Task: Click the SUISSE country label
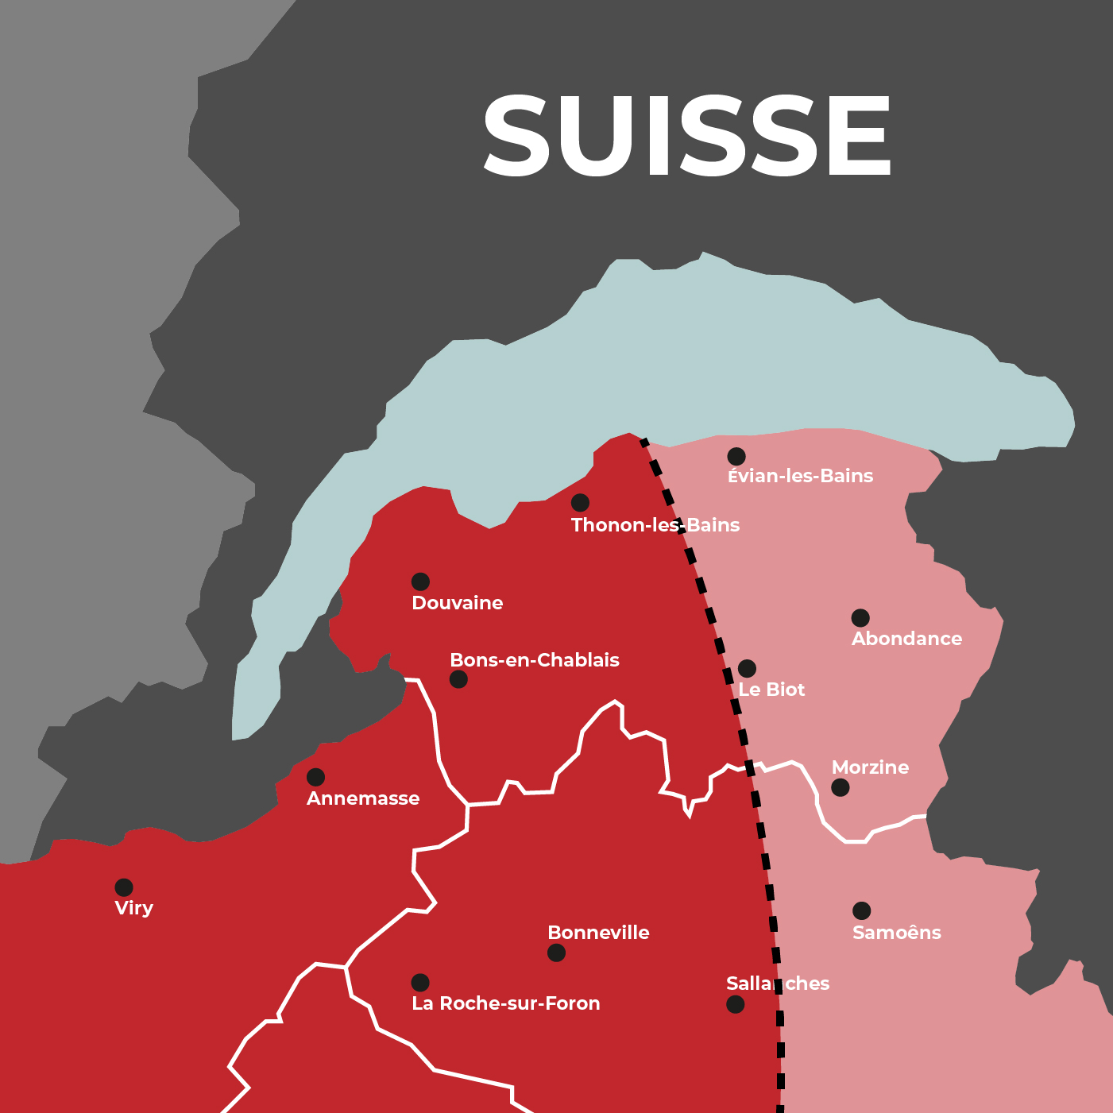687,135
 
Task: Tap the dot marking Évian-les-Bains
736,456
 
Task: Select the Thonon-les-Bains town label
655,525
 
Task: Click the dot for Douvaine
420,582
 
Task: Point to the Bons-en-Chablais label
534,660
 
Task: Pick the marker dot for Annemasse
315,777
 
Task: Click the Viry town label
133,908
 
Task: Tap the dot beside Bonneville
556,953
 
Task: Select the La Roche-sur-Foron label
505,1003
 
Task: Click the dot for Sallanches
736,1004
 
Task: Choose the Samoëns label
896,933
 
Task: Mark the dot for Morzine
840,787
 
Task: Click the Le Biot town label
771,690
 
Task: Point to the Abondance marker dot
860,617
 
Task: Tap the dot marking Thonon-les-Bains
580,502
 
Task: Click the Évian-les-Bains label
800,476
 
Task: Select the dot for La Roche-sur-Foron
420,983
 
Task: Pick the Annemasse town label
363,798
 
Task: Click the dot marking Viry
124,887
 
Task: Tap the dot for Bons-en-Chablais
458,679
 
